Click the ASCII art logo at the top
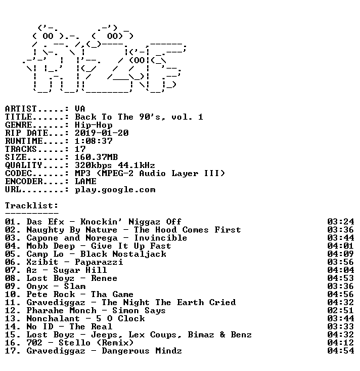click(105, 58)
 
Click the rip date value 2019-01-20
click(101, 133)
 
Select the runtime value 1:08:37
click(93, 141)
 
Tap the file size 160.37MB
click(96, 157)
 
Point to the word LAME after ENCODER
click(85, 181)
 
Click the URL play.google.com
click(115, 190)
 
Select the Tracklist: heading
click(32, 206)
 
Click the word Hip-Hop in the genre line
click(93, 125)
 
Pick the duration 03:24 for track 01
click(341, 222)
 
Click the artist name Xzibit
click(42, 262)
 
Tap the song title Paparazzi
click(99, 262)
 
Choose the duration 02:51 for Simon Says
click(341, 311)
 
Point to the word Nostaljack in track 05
click(139, 254)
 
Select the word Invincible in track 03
click(161, 238)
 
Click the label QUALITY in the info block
click(24, 165)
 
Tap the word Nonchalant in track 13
click(53, 319)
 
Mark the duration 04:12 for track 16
click(341, 342)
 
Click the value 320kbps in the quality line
click(93, 165)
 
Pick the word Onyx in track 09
click(37, 286)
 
